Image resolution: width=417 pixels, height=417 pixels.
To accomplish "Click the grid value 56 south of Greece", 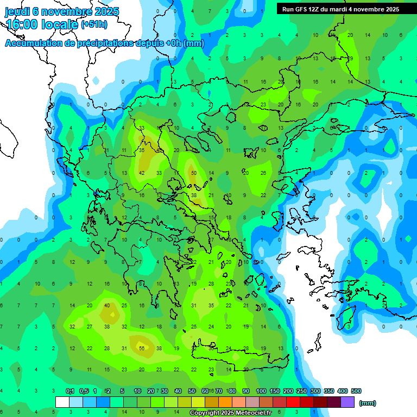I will (x=142, y=348).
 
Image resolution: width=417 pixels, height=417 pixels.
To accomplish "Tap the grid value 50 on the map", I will (x=194, y=173).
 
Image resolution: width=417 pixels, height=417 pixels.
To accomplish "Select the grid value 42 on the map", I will (x=142, y=173).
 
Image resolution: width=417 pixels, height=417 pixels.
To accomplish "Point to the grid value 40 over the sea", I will (x=107, y=305).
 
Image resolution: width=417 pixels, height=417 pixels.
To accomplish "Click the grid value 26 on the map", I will (x=263, y=173).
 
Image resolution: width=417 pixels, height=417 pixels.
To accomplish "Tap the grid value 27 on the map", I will (x=90, y=327).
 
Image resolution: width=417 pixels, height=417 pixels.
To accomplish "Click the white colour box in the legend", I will (x=62, y=402).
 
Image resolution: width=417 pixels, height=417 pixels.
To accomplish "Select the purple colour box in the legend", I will (x=347, y=402).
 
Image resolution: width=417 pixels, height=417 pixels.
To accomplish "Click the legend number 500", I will (x=356, y=391).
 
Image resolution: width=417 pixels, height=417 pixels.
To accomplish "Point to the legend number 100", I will (x=261, y=391).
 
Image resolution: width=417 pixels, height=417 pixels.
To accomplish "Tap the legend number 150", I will (x=275, y=391).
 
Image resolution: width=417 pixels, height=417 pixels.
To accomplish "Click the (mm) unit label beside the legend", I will (x=368, y=403).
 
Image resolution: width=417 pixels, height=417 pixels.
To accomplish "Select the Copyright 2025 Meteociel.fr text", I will (x=230, y=413).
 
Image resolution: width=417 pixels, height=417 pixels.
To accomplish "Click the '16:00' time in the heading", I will (x=22, y=24).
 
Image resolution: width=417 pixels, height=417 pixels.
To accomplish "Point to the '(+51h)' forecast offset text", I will (x=94, y=24).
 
